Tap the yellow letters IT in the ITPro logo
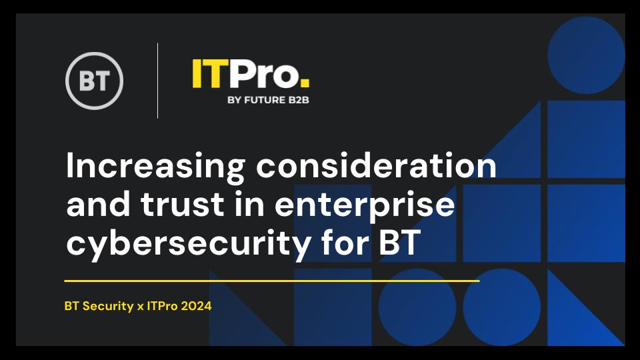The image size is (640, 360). point(207,73)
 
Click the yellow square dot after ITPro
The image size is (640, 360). point(305,83)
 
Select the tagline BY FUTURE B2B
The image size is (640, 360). point(268,100)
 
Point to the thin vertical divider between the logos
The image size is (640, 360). point(157,81)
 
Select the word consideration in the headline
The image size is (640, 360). point(376,165)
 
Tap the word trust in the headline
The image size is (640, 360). point(183,204)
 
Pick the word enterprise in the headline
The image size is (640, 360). point(365,207)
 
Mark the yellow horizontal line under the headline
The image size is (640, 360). point(272,281)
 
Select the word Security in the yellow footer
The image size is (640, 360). point(108,306)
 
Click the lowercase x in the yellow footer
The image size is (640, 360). point(140,307)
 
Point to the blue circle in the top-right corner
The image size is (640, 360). point(586,55)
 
